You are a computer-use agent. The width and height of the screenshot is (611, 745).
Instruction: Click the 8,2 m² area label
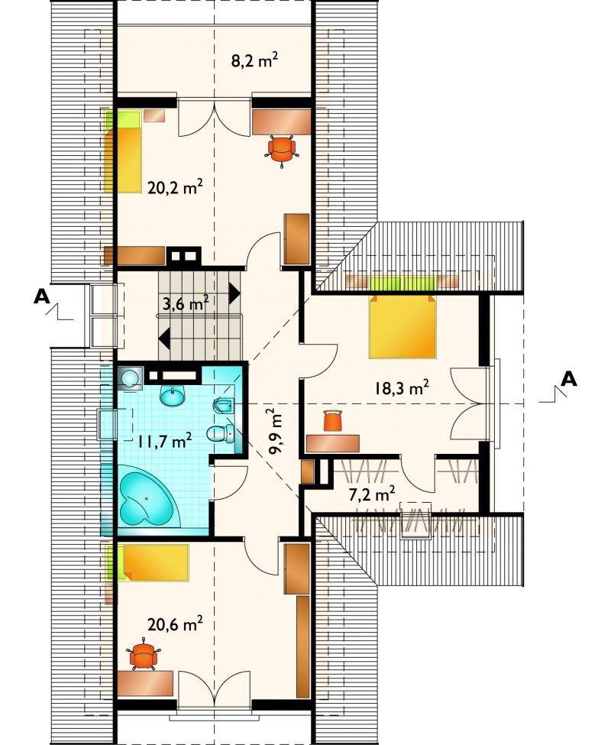[254, 62]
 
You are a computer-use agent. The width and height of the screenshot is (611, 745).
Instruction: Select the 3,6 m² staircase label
[186, 303]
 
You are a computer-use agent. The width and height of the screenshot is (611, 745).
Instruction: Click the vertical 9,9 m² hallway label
[276, 432]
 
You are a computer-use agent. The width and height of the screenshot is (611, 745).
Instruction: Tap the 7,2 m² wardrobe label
[372, 494]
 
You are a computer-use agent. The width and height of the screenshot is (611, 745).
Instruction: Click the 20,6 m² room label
[175, 624]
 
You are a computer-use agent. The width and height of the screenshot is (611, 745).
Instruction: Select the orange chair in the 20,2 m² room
[282, 149]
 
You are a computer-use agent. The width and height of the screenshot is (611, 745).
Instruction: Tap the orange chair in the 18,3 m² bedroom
[333, 421]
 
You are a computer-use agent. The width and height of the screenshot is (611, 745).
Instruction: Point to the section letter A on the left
[42, 296]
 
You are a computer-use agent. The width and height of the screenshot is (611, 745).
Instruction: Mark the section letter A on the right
[569, 379]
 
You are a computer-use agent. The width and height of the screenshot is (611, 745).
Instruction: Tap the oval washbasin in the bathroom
[173, 397]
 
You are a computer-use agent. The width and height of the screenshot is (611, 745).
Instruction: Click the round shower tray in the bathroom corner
[129, 379]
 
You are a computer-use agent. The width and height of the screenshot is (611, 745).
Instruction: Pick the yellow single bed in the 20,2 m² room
[124, 152]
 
